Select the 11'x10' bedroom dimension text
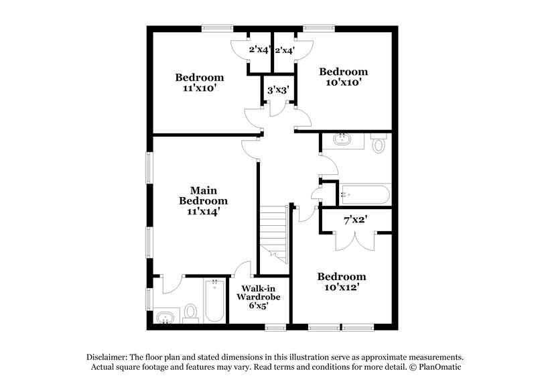(199, 87)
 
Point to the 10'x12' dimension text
(342, 287)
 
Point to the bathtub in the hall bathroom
(362, 195)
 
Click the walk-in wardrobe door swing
(242, 270)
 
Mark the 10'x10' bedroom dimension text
(343, 83)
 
